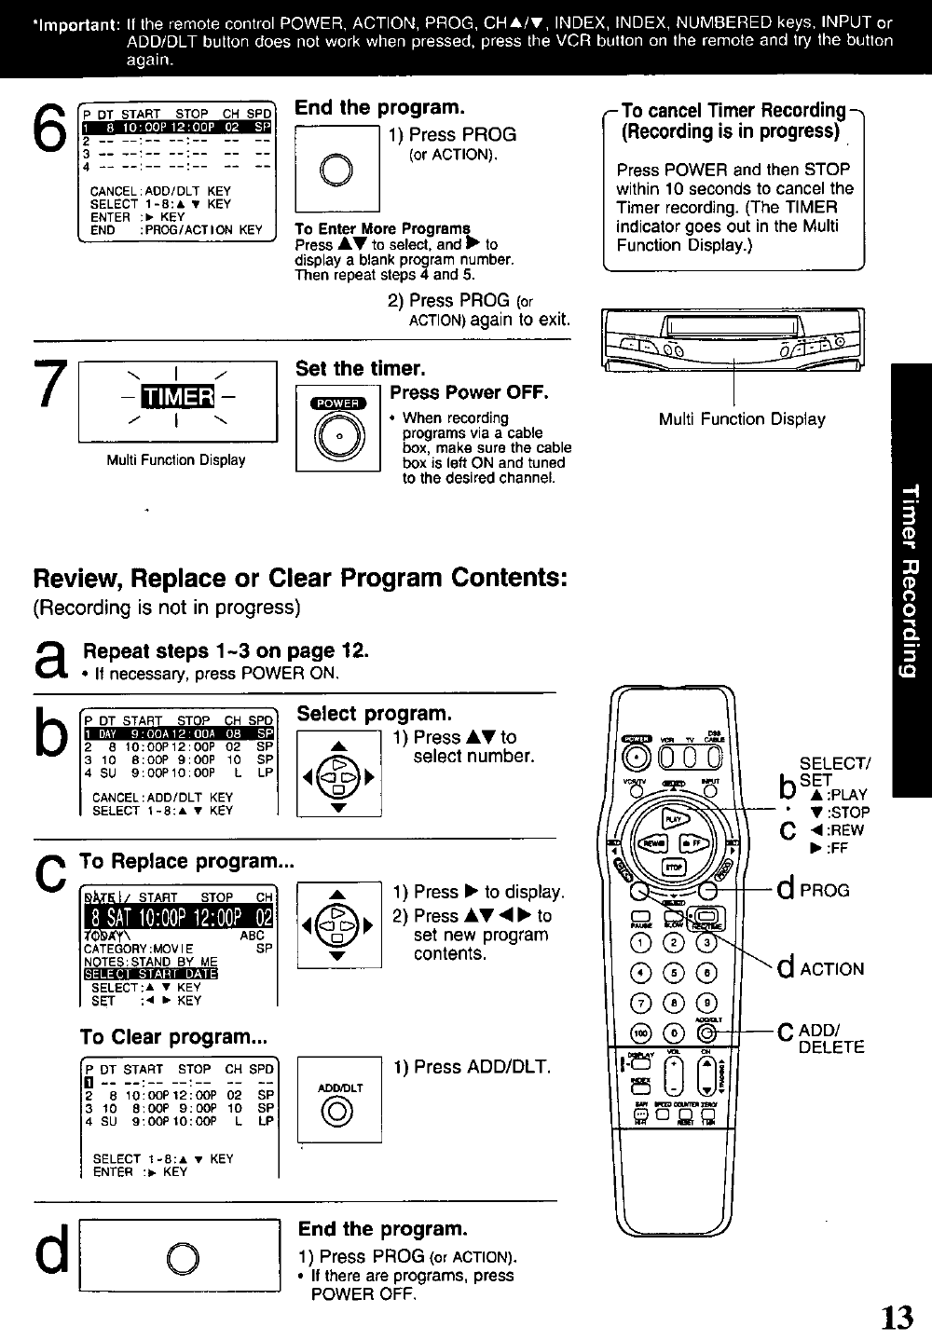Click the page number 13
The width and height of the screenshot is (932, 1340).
[898, 1318]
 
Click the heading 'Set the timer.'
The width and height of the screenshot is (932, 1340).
[360, 369]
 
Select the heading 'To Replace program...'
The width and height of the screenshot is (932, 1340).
[186, 861]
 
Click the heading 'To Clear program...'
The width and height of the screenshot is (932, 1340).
[173, 1037]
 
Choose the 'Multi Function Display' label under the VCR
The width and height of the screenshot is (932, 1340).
[742, 419]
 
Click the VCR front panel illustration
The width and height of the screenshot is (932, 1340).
[733, 338]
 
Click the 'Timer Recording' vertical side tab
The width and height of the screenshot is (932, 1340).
[911, 581]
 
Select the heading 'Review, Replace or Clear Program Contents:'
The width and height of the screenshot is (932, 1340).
[300, 579]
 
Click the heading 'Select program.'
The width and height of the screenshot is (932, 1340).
[374, 714]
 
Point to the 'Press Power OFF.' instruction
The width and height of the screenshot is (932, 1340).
[469, 392]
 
